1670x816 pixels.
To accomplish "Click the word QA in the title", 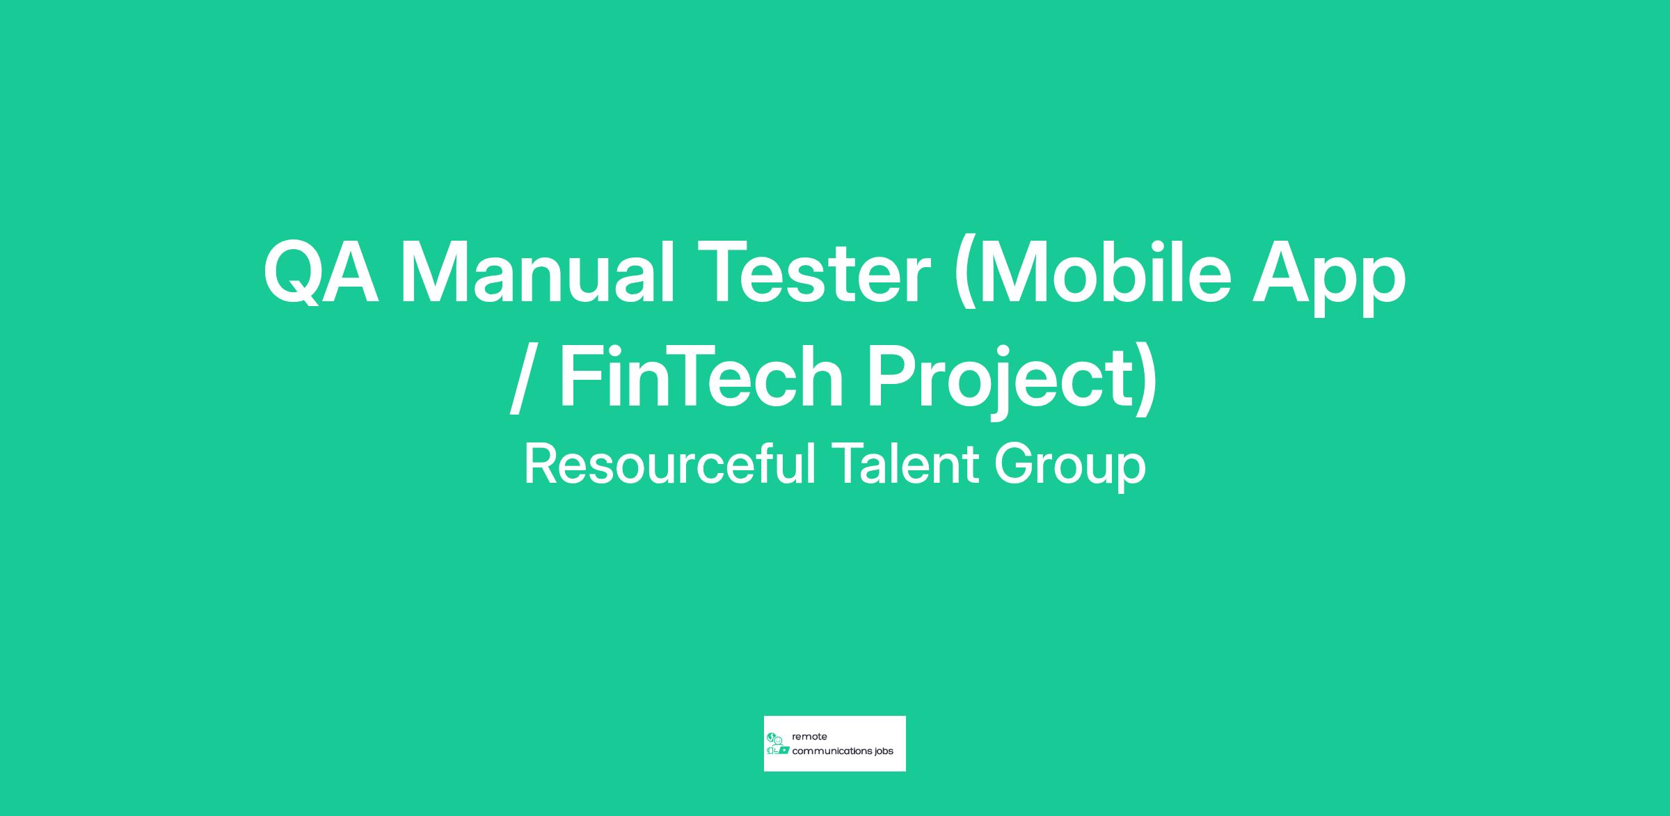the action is pos(321,272).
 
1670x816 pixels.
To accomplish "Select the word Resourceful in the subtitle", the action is pos(669,464).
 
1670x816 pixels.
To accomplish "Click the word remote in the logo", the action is pos(810,737).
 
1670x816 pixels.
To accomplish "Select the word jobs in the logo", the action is pos(885,752).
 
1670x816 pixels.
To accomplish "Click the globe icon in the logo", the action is pos(771,737).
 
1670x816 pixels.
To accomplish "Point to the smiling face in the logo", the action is pos(779,740).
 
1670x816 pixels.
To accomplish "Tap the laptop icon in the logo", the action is pos(784,751).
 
